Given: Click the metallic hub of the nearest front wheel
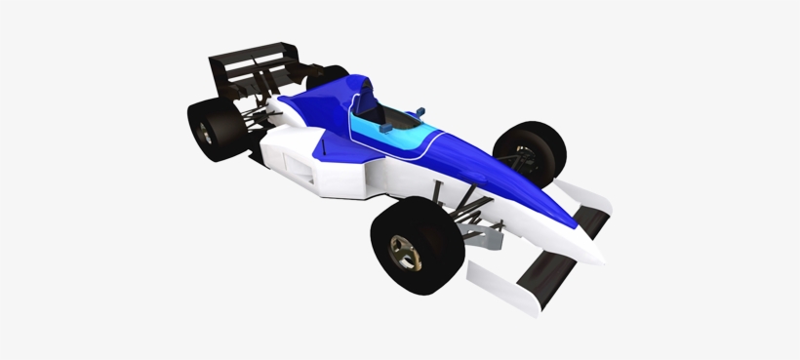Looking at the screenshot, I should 403,253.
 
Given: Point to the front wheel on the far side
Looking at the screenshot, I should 532,154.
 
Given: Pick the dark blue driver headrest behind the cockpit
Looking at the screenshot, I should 367,97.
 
